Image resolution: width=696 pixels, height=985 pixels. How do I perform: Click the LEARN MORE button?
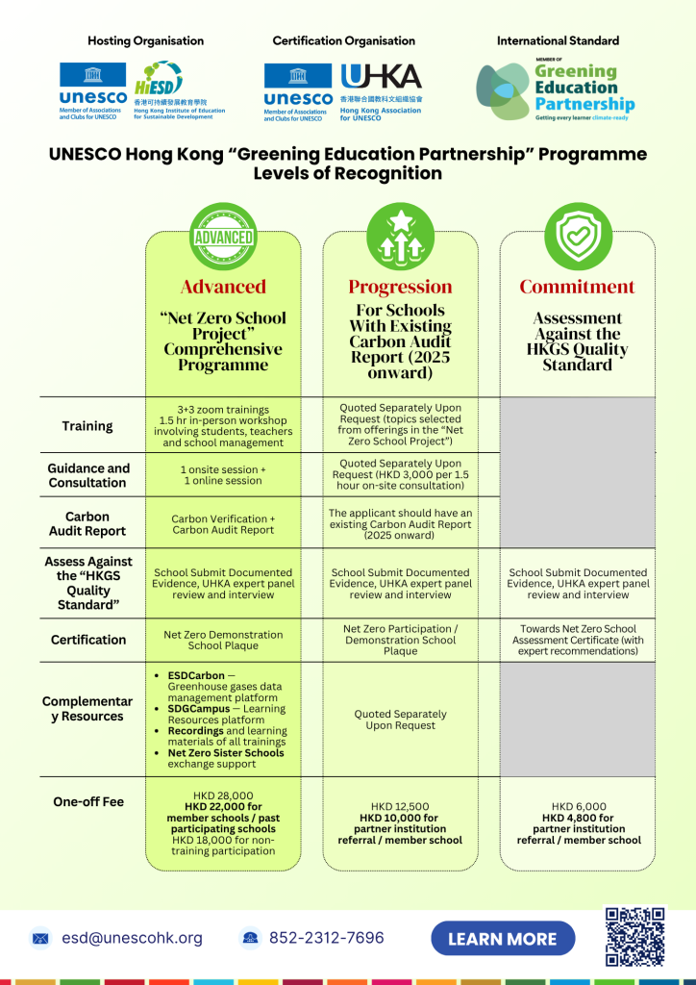pos(503,939)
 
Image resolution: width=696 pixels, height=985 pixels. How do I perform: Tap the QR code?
pos(634,937)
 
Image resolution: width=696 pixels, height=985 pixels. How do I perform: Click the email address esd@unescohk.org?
pos(132,938)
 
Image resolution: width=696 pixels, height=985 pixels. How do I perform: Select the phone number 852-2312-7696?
pos(326,938)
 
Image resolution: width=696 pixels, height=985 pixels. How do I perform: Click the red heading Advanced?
pos(223,287)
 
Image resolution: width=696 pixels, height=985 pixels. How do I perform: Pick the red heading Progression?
pos(401,287)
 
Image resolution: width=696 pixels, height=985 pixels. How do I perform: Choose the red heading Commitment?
pos(578,287)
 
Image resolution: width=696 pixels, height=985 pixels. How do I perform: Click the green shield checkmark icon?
pos(578,237)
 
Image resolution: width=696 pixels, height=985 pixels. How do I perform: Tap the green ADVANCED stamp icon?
pos(223,237)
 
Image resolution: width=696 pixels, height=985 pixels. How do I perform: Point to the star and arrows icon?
pos(401,237)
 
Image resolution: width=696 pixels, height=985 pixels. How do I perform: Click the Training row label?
pos(87,426)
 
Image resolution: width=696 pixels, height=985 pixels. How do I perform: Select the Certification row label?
pos(88,640)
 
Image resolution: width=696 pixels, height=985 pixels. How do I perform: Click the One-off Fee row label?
pos(88,801)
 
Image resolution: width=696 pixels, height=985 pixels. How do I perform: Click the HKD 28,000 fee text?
pos(223,796)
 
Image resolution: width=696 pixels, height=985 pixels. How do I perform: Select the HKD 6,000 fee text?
pos(579,807)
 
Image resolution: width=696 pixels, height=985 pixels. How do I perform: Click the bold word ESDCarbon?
pos(196,676)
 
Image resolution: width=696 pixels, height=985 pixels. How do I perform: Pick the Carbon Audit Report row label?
pos(87,524)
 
